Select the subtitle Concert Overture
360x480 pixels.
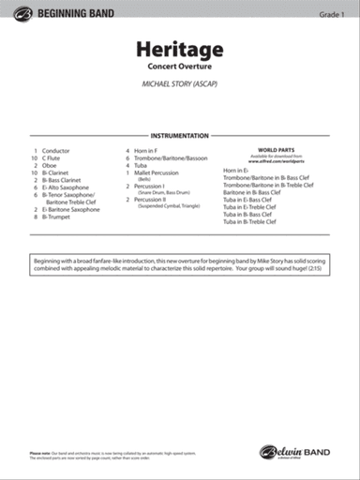(179, 67)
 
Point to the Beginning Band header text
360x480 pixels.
(71, 12)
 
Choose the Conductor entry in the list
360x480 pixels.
(56, 150)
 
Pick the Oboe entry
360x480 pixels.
(51, 167)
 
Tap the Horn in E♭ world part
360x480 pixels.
(237, 171)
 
